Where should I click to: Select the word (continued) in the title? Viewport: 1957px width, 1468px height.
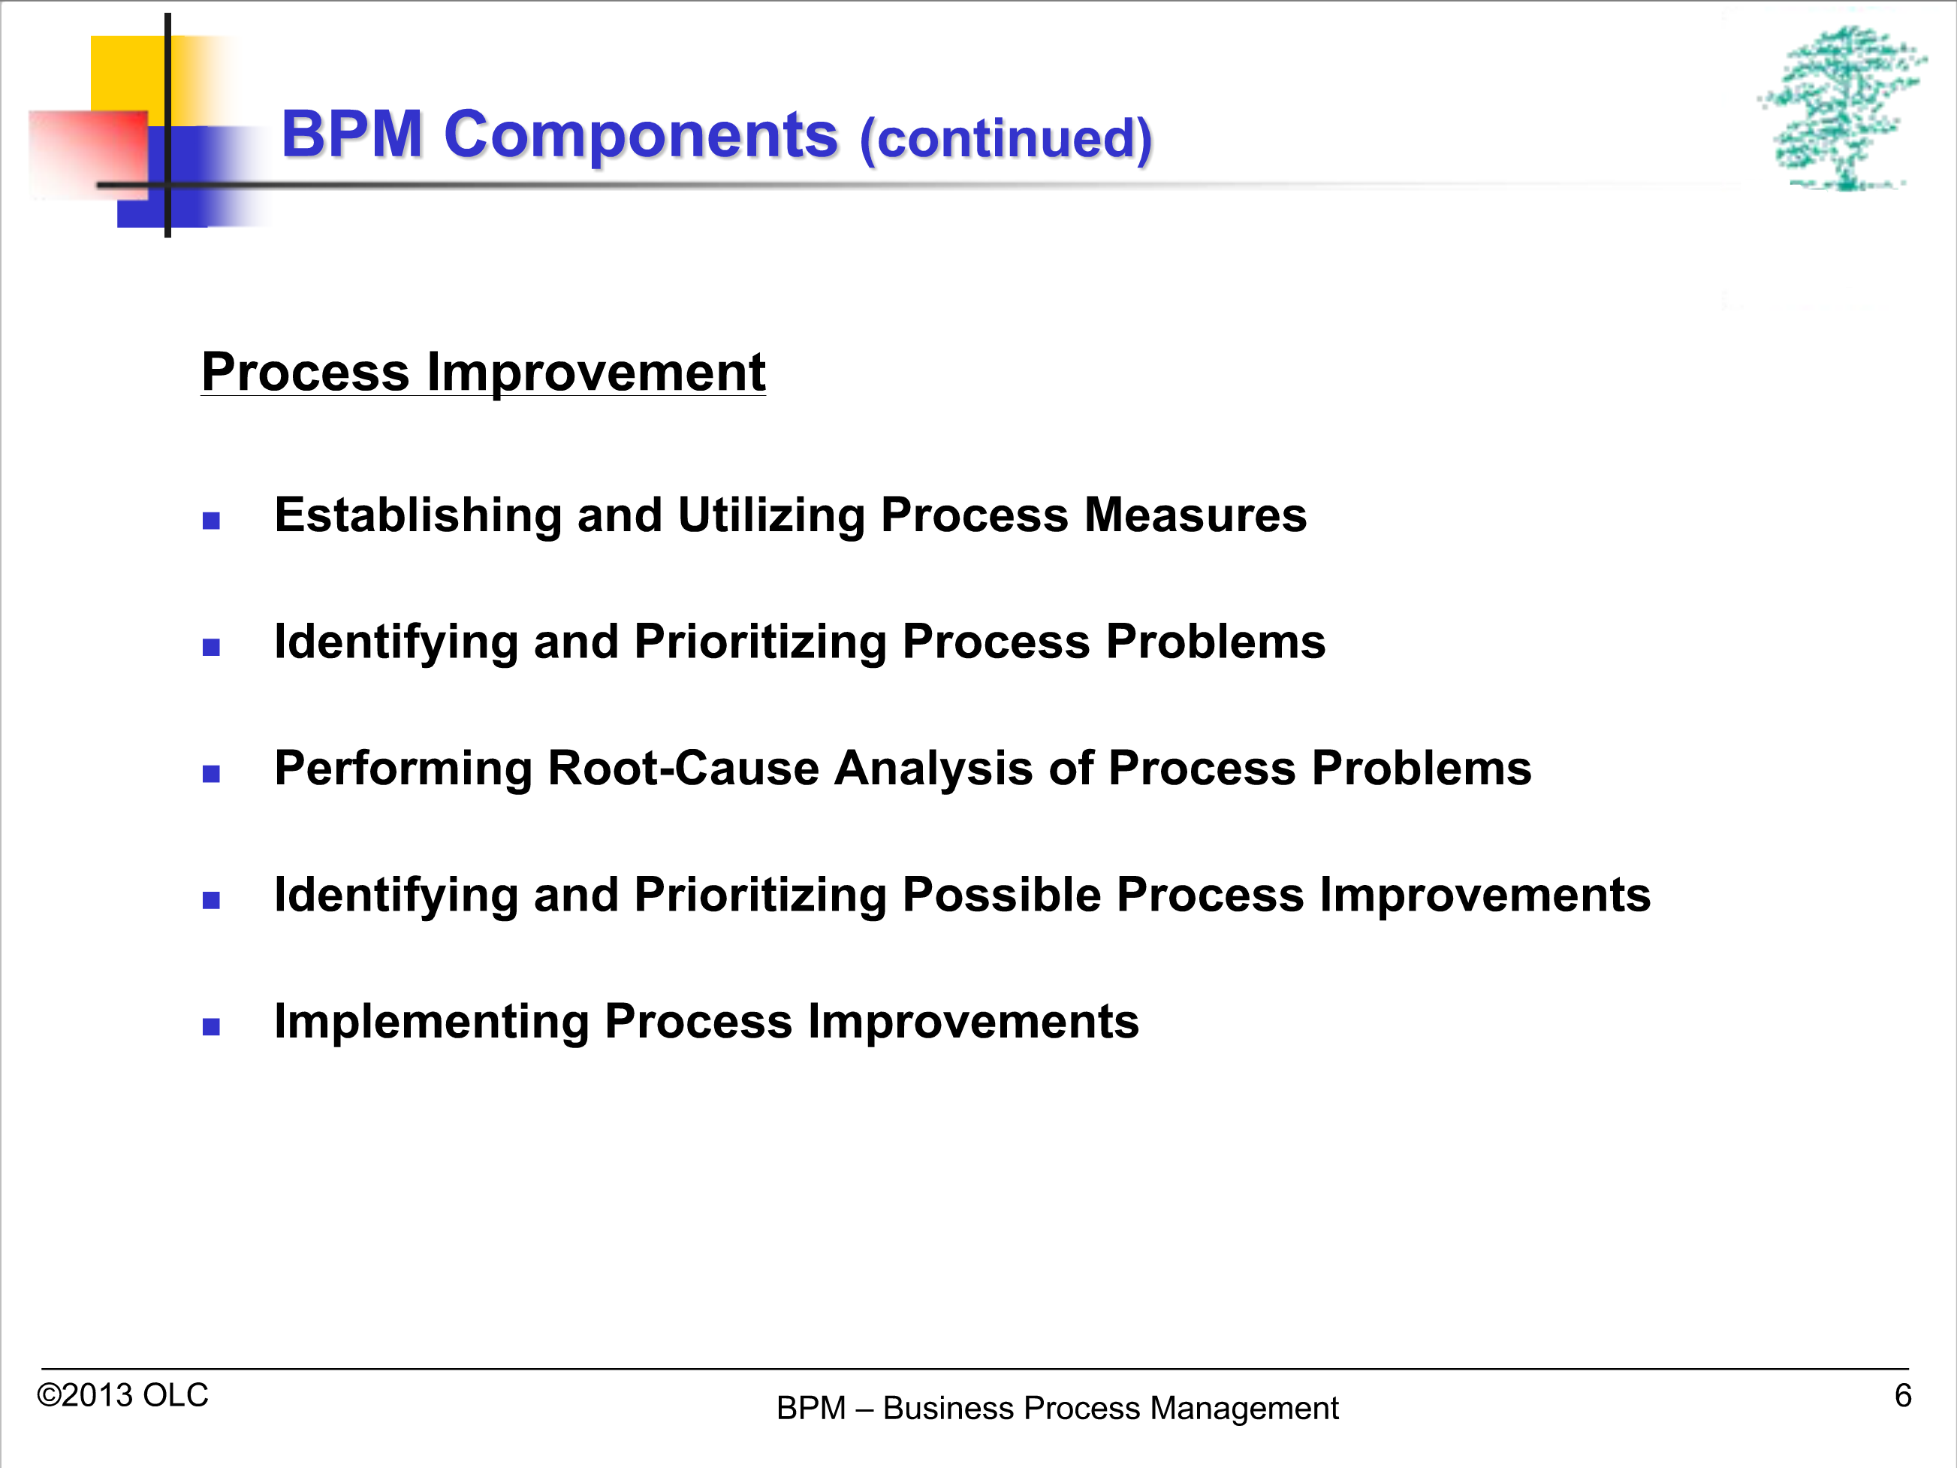click(x=1006, y=139)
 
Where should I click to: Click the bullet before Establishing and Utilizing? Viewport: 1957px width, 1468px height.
click(x=210, y=521)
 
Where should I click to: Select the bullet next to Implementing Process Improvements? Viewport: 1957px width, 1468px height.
click(x=210, y=1026)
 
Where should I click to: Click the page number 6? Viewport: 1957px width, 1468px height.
click(x=1903, y=1395)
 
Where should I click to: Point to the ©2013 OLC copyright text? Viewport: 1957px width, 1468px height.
click(x=122, y=1395)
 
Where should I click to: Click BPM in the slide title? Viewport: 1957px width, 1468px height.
click(x=352, y=134)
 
